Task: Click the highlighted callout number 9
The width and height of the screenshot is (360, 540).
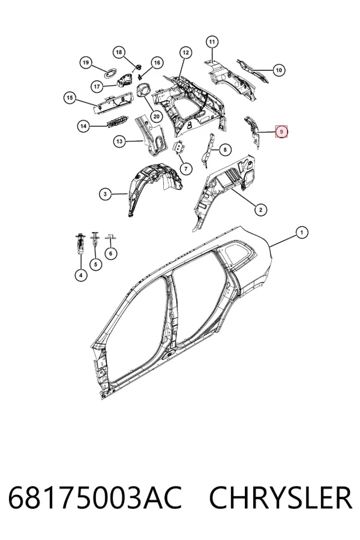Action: [281, 131]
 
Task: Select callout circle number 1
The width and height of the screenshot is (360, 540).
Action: [302, 232]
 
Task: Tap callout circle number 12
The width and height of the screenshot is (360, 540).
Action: [185, 53]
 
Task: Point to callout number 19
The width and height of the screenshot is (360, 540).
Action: [86, 62]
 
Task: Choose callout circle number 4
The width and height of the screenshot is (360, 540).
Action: [80, 275]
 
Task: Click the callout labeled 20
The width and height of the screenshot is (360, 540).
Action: [157, 116]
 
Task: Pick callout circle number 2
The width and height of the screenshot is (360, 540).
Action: [261, 209]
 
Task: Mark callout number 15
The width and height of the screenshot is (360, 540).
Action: [70, 98]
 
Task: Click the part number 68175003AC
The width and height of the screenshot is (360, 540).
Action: [95, 497]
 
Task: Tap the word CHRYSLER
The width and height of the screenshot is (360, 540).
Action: [281, 497]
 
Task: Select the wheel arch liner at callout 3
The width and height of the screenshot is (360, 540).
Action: [155, 189]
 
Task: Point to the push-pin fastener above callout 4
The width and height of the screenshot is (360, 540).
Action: [79, 243]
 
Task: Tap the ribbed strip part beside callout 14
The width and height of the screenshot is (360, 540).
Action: [117, 121]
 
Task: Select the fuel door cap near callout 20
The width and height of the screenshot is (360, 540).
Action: [145, 91]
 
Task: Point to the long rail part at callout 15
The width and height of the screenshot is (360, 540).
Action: [113, 102]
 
